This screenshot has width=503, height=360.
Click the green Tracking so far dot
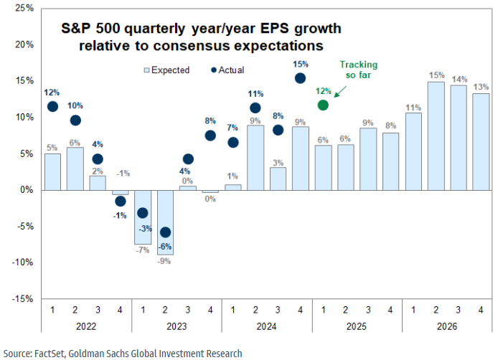pyautogui.click(x=323, y=105)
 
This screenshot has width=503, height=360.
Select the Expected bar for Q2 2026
pyautogui.click(x=435, y=136)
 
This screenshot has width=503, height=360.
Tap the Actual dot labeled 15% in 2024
pyautogui.click(x=300, y=77)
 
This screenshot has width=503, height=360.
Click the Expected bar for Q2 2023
pyautogui.click(x=165, y=222)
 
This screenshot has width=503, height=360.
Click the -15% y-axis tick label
pyautogui.click(x=22, y=299)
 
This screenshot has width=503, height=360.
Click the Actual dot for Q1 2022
pyautogui.click(x=52, y=107)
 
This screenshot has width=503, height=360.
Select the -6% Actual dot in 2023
pyautogui.click(x=165, y=232)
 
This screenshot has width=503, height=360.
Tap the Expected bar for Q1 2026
pyautogui.click(x=413, y=151)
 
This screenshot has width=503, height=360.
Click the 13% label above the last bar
pyautogui.click(x=480, y=87)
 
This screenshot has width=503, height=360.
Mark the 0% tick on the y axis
pyautogui.click(x=27, y=190)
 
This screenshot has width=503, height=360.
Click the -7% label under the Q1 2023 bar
pyautogui.click(x=142, y=250)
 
